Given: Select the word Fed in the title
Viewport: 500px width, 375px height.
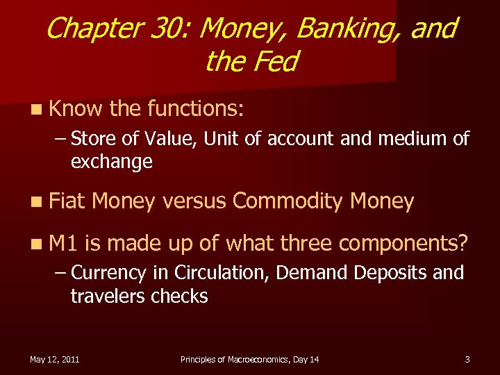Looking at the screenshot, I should point(275,62).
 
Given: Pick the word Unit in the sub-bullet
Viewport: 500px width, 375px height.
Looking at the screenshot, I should point(226,139).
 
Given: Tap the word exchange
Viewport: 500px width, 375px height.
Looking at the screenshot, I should point(111,162).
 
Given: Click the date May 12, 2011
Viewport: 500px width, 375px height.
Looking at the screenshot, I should point(54,359).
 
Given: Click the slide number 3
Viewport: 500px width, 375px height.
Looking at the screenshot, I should point(467,359).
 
